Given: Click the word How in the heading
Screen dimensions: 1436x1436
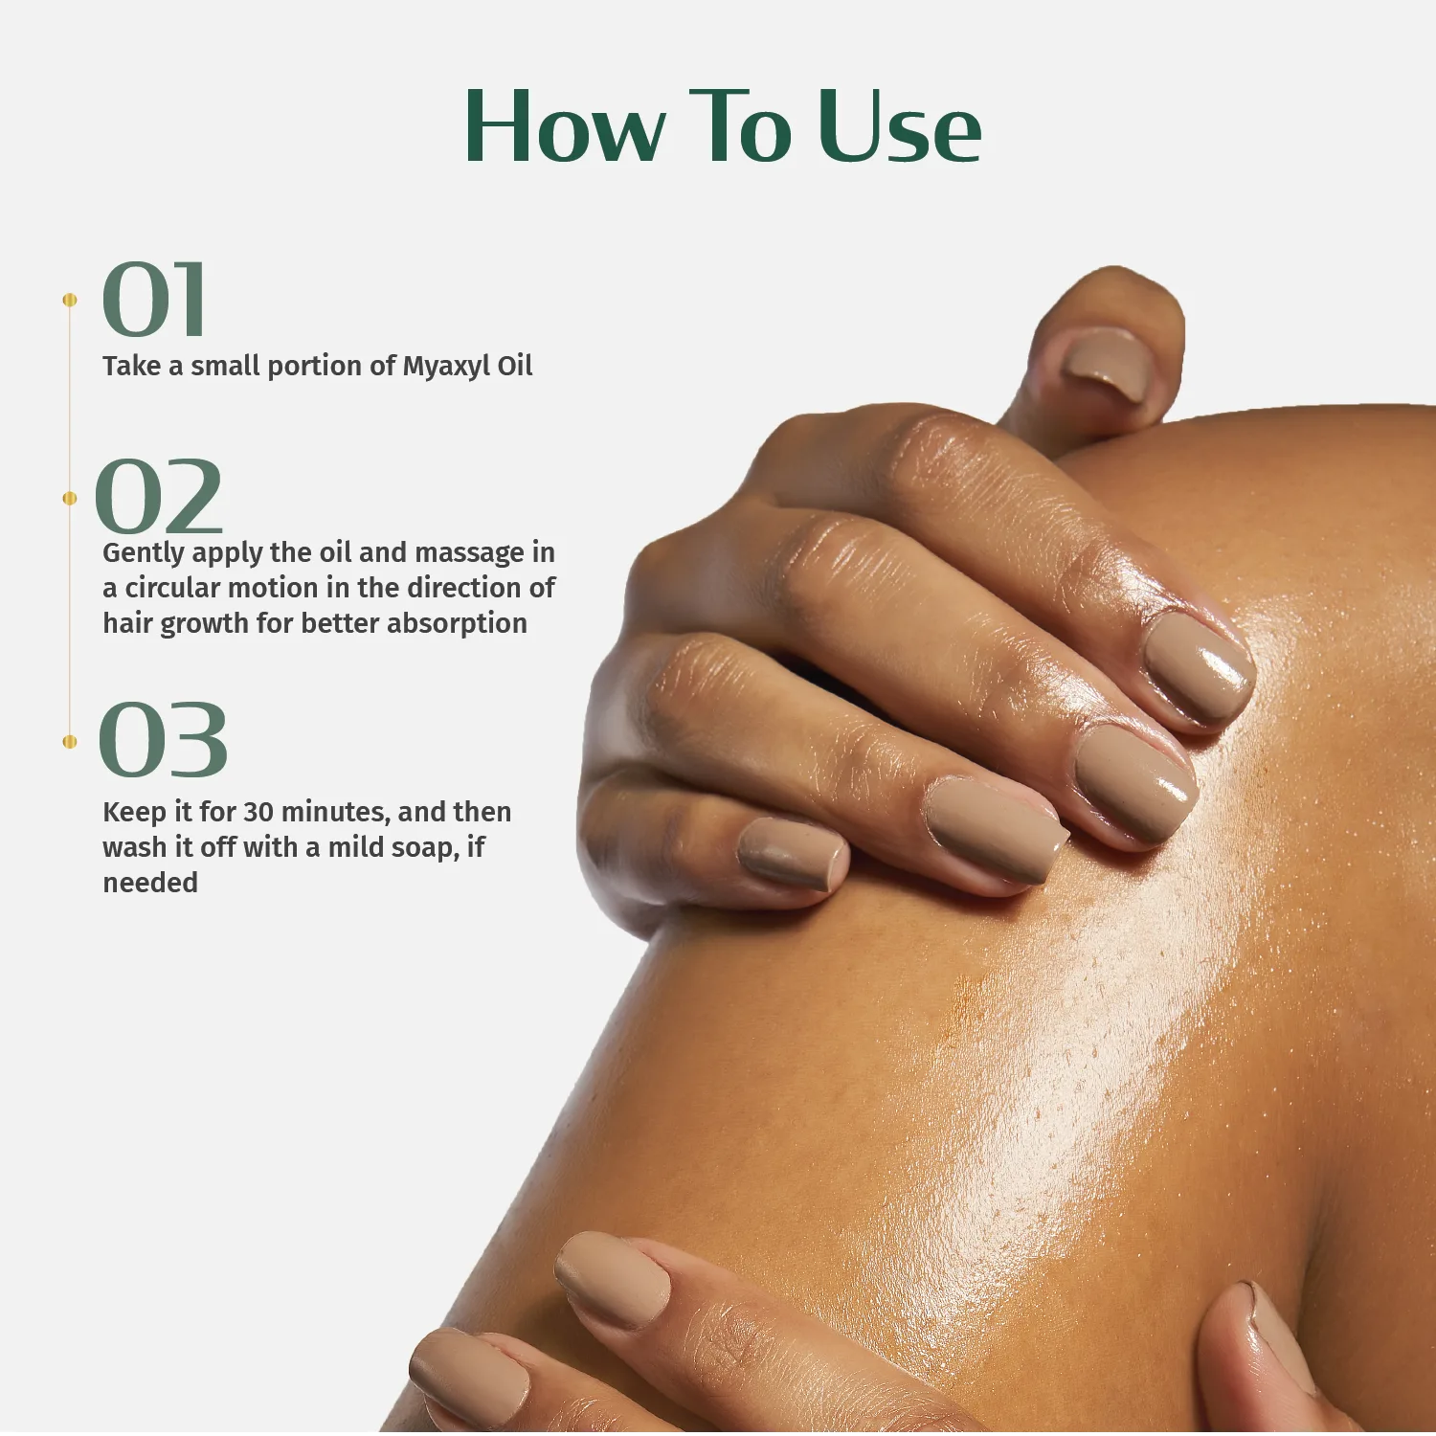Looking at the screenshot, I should (x=565, y=127).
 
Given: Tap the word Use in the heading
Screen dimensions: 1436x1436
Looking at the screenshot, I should (x=900, y=127).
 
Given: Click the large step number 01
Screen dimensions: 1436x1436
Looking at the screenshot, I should (x=155, y=301).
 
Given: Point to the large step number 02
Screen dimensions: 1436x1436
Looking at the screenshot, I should (x=160, y=498).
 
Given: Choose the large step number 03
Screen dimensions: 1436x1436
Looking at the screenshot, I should (x=164, y=740).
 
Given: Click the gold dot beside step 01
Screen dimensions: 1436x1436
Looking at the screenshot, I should (x=69, y=301).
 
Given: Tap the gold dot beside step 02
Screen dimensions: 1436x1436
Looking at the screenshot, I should (x=69, y=498).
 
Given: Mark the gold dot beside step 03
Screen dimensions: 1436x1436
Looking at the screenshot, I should (x=69, y=742).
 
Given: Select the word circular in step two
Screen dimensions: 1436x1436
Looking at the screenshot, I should (x=173, y=588).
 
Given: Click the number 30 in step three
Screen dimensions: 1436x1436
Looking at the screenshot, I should (x=258, y=812).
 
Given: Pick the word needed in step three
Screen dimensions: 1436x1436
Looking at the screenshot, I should (x=150, y=883).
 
